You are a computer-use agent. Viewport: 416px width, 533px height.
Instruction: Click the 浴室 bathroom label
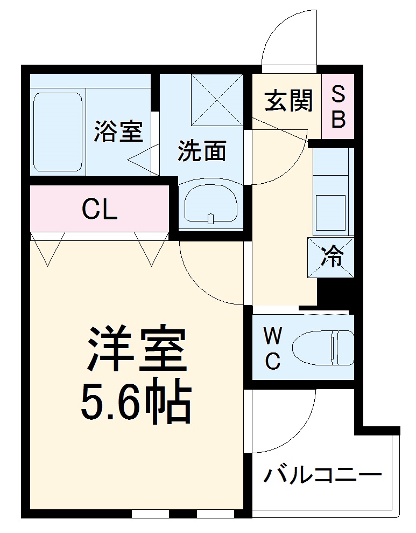coord(118,131)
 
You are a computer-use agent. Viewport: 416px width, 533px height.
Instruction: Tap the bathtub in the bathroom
coord(58,131)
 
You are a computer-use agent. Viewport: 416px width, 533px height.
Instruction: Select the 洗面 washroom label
coord(202,151)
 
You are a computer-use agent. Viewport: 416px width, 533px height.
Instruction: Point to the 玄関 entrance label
coord(288,100)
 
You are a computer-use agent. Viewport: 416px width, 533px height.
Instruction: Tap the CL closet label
coord(100,209)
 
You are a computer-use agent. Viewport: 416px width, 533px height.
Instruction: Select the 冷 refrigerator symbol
coord(331,257)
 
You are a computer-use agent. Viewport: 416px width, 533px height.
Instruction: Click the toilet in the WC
coord(323,348)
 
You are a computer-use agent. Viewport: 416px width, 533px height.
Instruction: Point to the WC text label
coord(273,350)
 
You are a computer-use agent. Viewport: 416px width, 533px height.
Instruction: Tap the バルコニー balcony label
coord(322,475)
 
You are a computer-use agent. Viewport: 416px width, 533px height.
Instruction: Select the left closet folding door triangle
coord(48,248)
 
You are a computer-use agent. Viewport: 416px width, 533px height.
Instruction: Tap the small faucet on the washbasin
coord(211,218)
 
